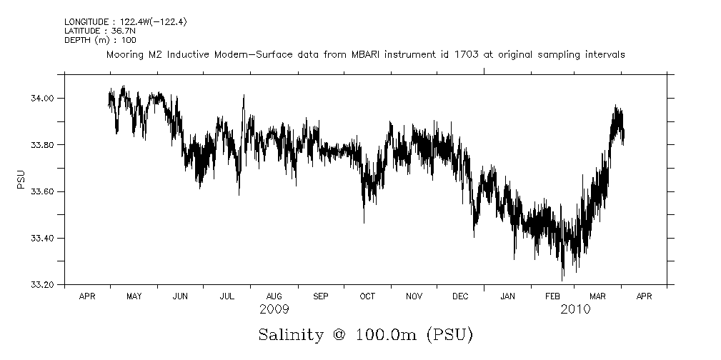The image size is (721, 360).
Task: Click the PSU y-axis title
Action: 21,179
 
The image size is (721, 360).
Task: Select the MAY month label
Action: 134,296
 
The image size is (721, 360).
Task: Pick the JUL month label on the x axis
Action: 227,296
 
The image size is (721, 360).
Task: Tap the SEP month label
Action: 321,296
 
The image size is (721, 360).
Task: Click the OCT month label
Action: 367,296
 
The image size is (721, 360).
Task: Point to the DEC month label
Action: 460,296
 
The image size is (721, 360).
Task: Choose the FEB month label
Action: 554,296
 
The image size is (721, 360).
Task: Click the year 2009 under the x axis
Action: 274,309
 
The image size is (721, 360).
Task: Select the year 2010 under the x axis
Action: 576,309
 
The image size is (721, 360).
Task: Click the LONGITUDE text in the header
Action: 87,22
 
